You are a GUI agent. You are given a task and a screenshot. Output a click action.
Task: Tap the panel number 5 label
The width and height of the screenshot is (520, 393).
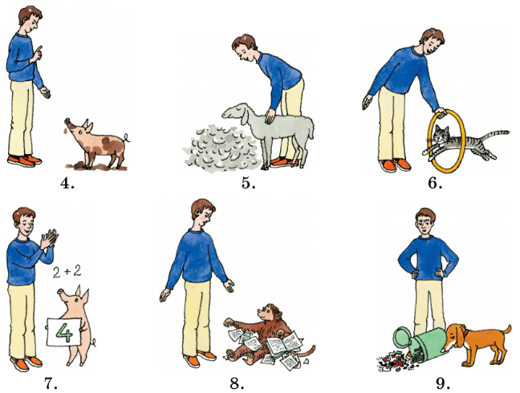coord(249,183)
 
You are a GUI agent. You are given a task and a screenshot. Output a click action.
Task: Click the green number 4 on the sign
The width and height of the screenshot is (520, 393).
coord(63,332)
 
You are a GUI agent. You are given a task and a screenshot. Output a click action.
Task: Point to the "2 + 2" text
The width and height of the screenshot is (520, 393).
coord(67,272)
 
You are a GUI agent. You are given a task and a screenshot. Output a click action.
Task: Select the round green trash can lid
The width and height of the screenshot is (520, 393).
coord(402,338)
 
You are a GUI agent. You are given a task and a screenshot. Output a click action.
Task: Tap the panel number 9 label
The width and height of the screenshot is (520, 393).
coord(443,383)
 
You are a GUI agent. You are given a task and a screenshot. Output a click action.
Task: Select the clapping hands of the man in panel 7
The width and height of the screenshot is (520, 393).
coord(48,237)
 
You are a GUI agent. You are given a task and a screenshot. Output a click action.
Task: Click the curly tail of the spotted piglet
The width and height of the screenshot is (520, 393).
coord(127,138)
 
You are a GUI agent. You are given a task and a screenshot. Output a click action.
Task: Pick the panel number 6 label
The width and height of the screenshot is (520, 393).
coord(435,183)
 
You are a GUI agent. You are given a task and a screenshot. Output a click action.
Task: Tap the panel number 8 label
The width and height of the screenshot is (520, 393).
coord(237,383)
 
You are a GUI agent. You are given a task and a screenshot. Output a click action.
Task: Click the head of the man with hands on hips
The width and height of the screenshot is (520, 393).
coord(425,221)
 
